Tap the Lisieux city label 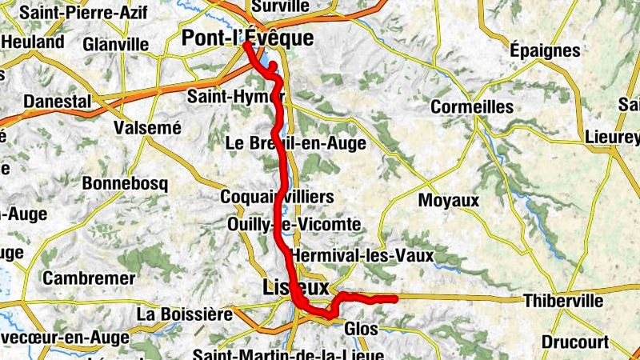(x=295, y=286)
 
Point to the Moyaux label (x=449, y=200)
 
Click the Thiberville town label (x=562, y=301)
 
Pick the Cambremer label (x=89, y=278)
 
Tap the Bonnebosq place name (x=126, y=183)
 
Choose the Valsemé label (x=148, y=127)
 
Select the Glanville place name (x=115, y=43)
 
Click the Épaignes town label (x=545, y=50)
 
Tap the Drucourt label (x=574, y=342)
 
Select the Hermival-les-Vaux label (x=362, y=256)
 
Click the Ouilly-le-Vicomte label (x=294, y=224)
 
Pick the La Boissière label (x=184, y=313)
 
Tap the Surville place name (x=280, y=6)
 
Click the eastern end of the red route (x=395, y=299)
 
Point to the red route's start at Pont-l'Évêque (x=244, y=45)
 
